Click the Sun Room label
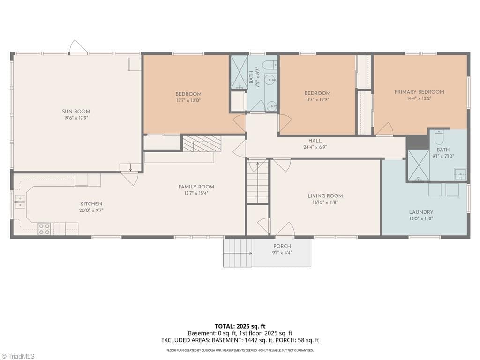(76, 112)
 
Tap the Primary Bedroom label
(419, 92)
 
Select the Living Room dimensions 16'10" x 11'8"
(325, 202)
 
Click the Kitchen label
(91, 204)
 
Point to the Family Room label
(196, 187)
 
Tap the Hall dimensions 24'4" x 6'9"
(315, 147)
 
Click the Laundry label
(421, 212)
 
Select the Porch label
(282, 246)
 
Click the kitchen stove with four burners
(45, 229)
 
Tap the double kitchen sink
(20, 202)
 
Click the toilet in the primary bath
(439, 137)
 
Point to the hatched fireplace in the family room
(202, 144)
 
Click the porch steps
(238, 253)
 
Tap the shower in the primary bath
(418, 166)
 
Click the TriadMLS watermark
(17, 356)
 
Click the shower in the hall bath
(239, 72)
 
